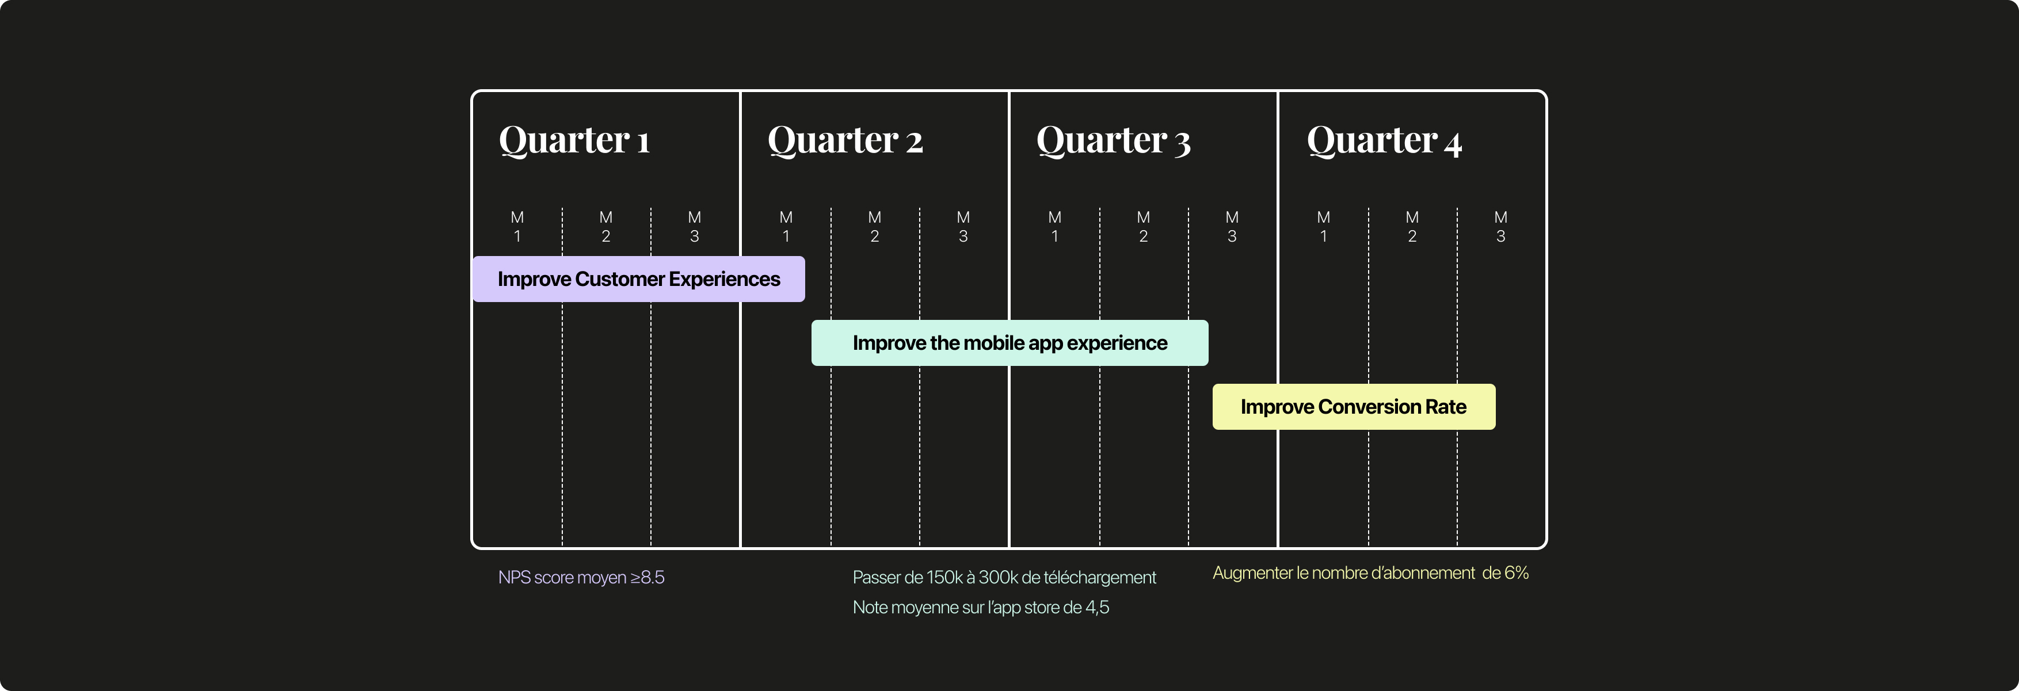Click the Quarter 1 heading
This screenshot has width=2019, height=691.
[574, 141]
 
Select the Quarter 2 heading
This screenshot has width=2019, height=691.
[845, 141]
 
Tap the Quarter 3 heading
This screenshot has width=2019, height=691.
[1113, 141]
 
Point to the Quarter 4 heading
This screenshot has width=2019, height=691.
[1384, 141]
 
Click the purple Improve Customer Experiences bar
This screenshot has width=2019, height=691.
[638, 279]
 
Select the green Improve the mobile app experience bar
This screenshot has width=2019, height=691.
[1009, 343]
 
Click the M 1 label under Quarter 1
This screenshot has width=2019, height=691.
[517, 227]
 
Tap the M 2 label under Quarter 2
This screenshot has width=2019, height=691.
[875, 227]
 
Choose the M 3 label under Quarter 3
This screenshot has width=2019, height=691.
[1232, 227]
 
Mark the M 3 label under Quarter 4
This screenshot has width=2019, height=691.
[1501, 227]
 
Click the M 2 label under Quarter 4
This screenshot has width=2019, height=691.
[1412, 227]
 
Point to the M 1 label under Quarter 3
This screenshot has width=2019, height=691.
[1055, 227]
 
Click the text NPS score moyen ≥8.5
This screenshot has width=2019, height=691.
[581, 578]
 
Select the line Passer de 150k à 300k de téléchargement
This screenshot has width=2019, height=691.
[1004, 578]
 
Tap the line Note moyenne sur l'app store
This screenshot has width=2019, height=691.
[981, 607]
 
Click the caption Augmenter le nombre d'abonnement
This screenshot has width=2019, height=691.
[1343, 572]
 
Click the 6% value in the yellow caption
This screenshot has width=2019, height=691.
[1516, 572]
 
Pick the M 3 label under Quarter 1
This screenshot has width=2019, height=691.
[695, 227]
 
